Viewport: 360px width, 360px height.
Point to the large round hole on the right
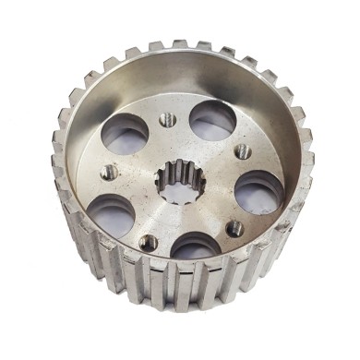tap(259, 190)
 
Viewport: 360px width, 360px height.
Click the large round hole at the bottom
tap(196, 248)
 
